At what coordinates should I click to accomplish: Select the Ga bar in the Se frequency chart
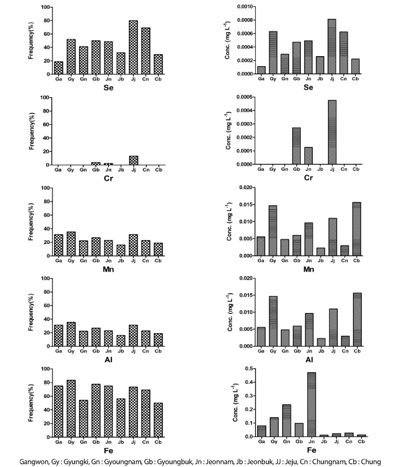[x=59, y=68]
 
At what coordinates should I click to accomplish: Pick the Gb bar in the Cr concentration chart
[x=296, y=146]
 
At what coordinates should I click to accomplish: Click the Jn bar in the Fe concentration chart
[x=311, y=404]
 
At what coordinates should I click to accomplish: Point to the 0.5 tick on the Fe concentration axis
[x=249, y=369]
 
